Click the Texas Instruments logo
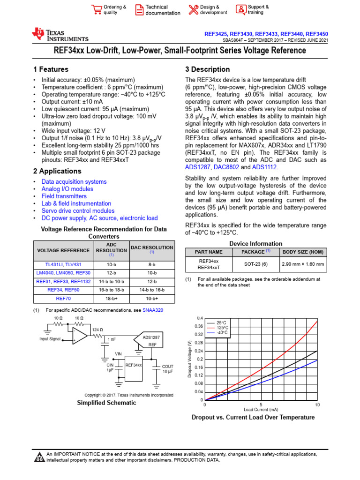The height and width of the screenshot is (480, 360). coord(60,35)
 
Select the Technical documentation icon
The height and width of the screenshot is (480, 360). coord(140,10)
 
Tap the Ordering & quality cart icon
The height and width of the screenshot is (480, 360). coord(97,10)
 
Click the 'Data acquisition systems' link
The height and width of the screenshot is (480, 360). coord(74,181)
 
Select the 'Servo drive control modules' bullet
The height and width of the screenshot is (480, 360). coord(78,211)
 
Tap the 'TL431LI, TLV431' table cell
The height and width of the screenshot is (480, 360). coord(63,264)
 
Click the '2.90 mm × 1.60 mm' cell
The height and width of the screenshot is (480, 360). coord(302,264)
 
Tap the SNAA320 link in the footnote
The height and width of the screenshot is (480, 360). coord(153,310)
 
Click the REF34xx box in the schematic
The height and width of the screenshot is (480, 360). coord(133,364)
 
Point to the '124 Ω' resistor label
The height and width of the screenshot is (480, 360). coord(98,330)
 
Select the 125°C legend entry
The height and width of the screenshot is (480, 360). coord(222,328)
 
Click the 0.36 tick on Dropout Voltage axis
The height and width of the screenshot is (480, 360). coord(199,326)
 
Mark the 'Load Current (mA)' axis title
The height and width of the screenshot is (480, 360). coord(261,409)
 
